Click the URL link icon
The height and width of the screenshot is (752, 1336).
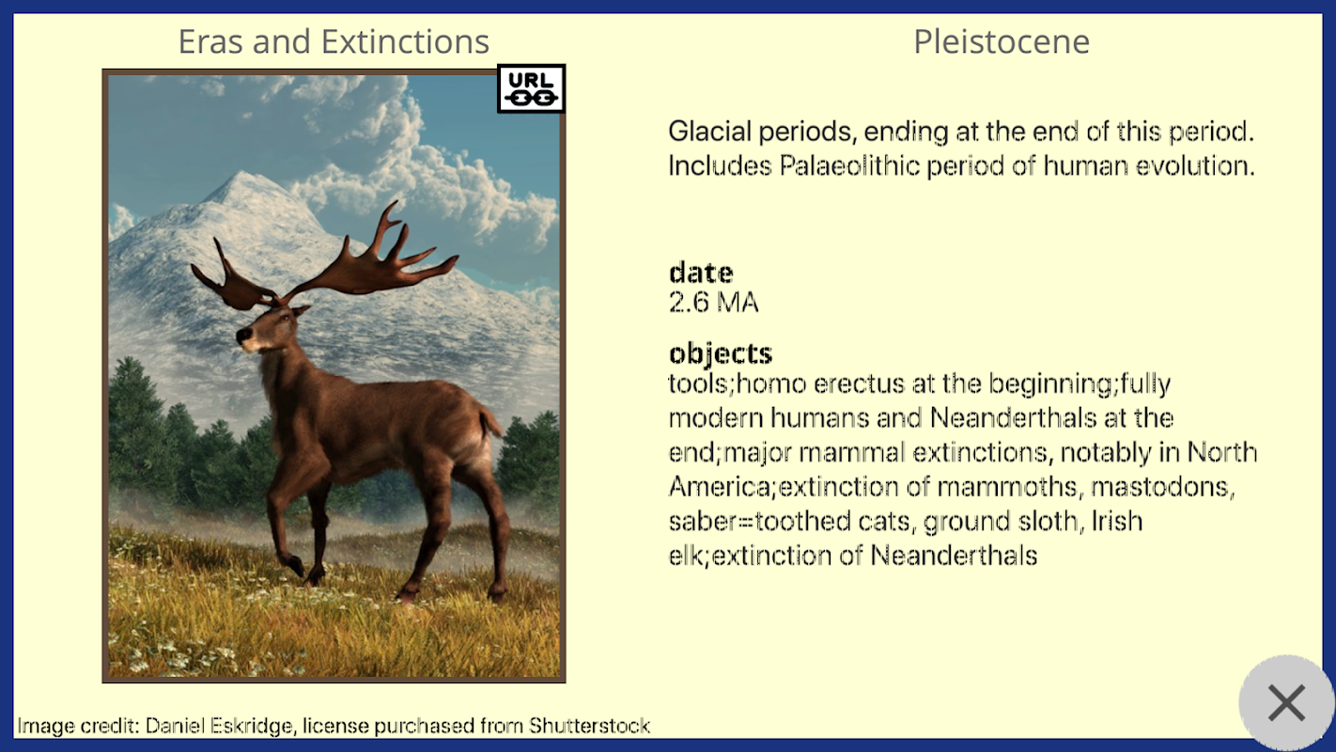point(531,89)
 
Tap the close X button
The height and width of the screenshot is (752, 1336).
point(1286,703)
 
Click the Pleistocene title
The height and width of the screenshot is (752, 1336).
point(1002,41)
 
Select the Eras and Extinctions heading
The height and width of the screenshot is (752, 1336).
point(334,41)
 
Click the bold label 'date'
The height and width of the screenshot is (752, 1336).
point(701,273)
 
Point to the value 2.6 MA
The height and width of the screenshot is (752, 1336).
point(713,302)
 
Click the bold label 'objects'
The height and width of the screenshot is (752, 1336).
point(721,353)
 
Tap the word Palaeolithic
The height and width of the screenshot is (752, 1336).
point(849,165)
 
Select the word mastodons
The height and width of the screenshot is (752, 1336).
point(1162,486)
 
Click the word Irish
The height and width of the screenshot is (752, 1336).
point(1116,521)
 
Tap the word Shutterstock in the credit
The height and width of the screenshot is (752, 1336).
point(589,726)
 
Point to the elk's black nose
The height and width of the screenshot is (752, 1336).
point(242,335)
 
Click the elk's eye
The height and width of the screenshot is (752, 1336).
point(285,319)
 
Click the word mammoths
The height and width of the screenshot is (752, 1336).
point(1007,486)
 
